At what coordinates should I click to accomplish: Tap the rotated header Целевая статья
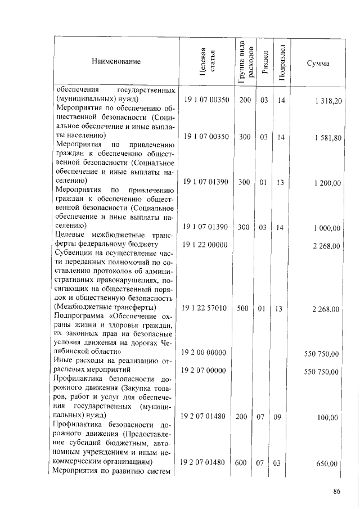207,60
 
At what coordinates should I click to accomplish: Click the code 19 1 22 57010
203,308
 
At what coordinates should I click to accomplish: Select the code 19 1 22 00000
203,245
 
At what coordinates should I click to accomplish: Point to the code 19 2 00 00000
203,352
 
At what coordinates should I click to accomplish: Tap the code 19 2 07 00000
203,371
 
